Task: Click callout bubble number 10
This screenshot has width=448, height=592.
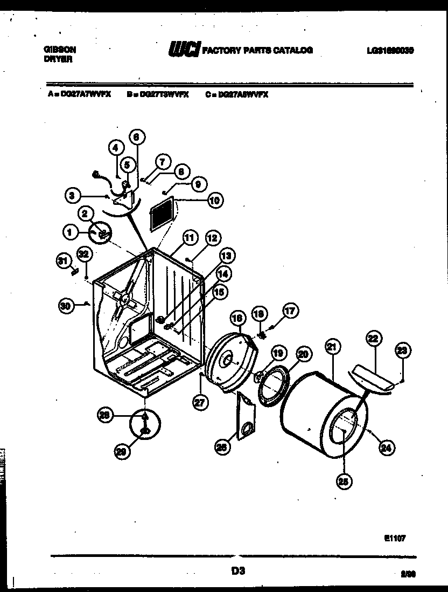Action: pos(214,201)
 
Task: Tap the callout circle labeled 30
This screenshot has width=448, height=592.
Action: pos(66,306)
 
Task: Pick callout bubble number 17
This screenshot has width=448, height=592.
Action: pos(290,311)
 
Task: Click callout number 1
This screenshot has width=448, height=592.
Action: pos(69,233)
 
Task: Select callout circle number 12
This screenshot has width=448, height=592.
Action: pos(212,238)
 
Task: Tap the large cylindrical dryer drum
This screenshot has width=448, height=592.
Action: pos(326,421)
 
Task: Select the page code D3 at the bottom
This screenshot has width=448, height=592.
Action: pos(238,570)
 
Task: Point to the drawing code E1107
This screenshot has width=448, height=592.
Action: pos(395,538)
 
